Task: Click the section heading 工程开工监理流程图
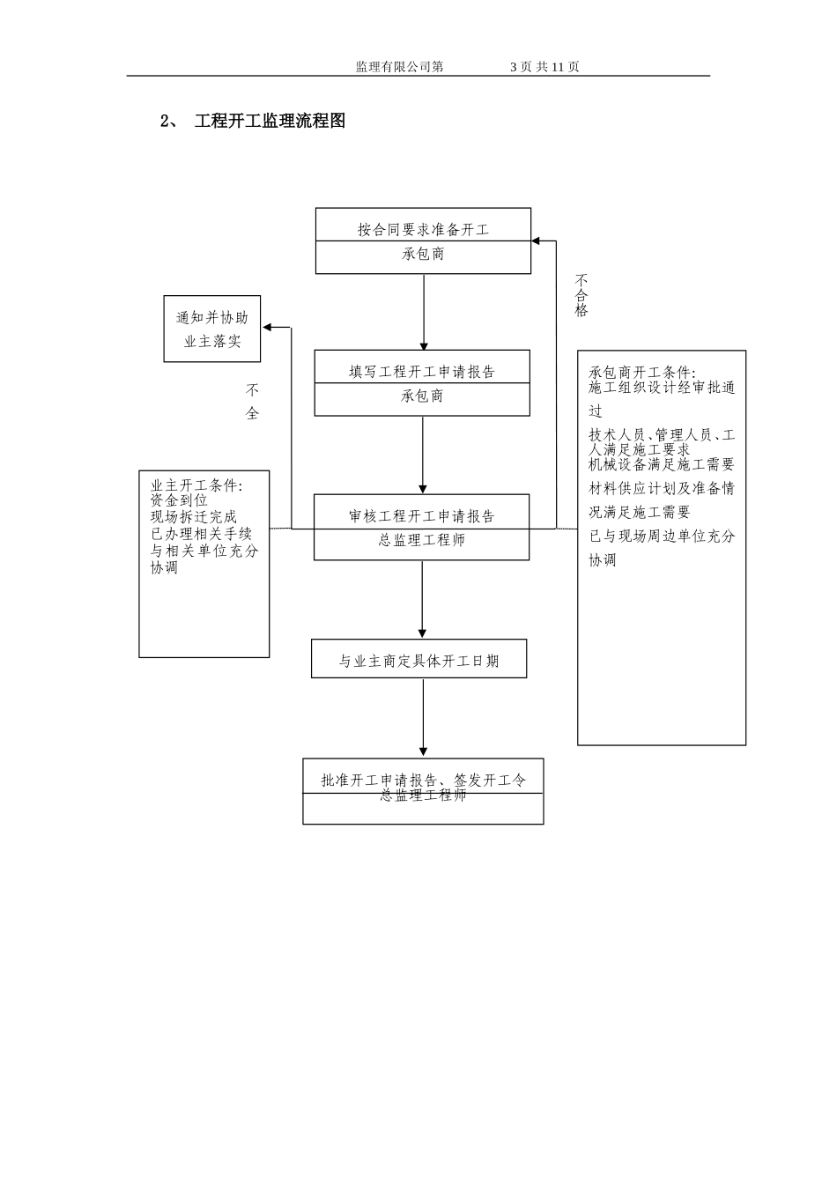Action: (270, 122)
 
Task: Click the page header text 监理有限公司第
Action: (399, 67)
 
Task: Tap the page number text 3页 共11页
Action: (544, 67)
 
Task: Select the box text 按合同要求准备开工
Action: (423, 230)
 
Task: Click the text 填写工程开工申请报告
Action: (422, 372)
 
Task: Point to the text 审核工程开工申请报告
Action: (422, 516)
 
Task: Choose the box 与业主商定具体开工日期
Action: (419, 660)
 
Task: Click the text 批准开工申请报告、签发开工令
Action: (423, 780)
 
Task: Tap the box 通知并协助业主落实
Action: (212, 329)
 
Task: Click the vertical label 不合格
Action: (581, 294)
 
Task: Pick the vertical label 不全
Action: (253, 401)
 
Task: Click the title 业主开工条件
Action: (197, 485)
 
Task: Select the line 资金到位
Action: (179, 500)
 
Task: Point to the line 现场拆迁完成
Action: (194, 517)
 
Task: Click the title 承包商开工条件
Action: (642, 372)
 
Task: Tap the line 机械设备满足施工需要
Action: (662, 464)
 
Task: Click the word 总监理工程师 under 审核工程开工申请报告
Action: (422, 540)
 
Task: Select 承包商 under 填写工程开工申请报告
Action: (422, 396)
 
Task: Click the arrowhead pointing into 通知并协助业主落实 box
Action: (268, 329)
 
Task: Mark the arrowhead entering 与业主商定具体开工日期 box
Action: (423, 633)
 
